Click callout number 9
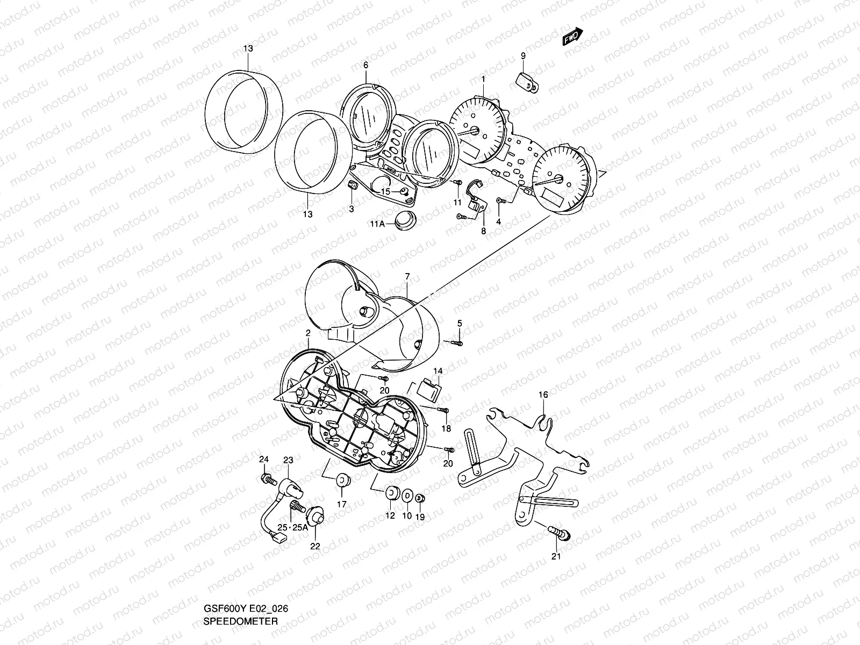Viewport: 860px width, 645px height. pos(523,56)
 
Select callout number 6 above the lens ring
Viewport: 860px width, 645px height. pos(365,65)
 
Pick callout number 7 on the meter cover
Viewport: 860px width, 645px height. pos(407,276)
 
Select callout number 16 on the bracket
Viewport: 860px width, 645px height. pos(543,395)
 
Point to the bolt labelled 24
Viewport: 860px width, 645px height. pos(267,477)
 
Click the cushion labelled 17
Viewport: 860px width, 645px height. pos(341,481)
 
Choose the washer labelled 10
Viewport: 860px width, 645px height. pos(407,494)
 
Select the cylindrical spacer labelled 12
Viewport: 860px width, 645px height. pos(391,493)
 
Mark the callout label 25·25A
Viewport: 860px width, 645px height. pos(293,527)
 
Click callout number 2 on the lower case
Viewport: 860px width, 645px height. pos(308,333)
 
